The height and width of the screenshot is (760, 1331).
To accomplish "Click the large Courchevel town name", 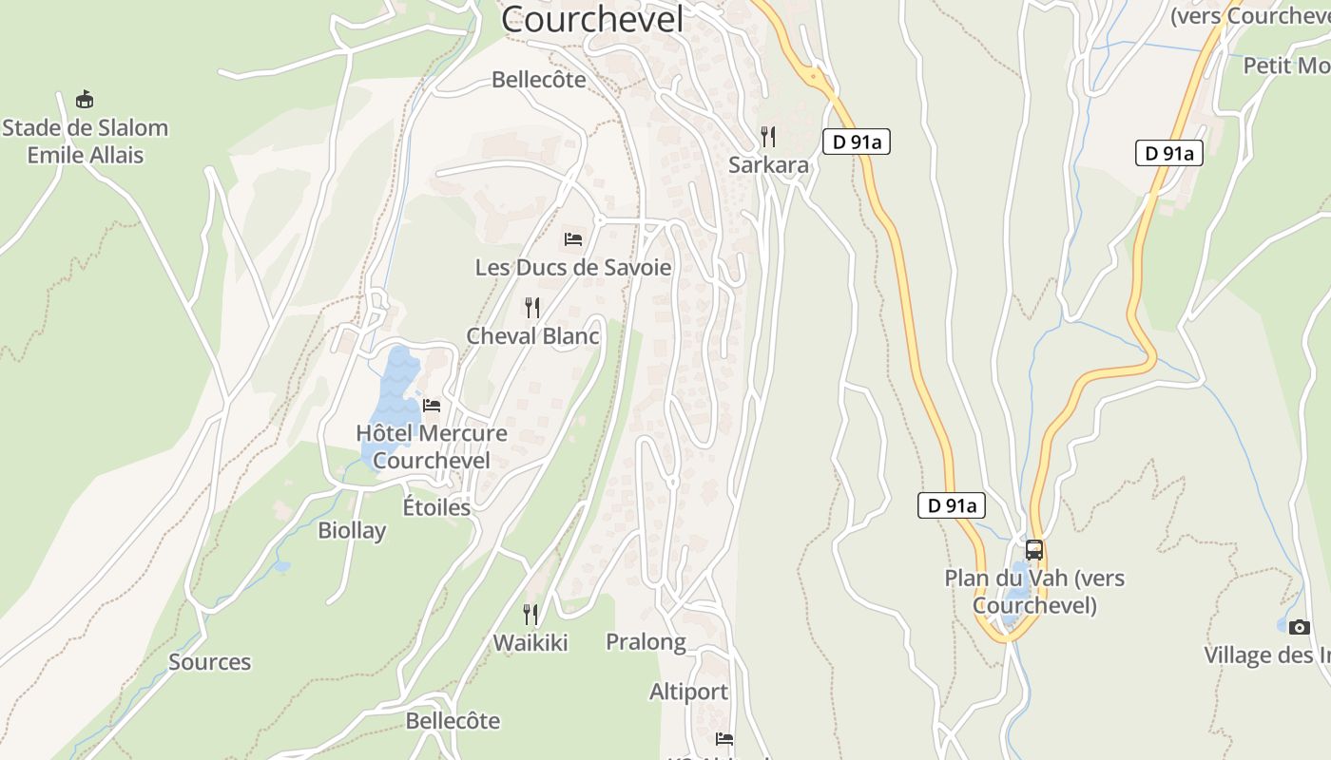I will pyautogui.click(x=591, y=19).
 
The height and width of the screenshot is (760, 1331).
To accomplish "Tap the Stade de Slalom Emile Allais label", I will pyautogui.click(x=86, y=141).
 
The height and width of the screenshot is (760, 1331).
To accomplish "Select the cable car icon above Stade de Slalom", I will pyautogui.click(x=85, y=99).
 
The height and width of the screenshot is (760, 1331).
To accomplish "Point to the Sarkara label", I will pyautogui.click(x=768, y=164).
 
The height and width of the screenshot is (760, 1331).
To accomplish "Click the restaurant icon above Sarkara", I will pyautogui.click(x=768, y=137).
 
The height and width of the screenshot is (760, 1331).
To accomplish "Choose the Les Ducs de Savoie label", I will pyautogui.click(x=572, y=267).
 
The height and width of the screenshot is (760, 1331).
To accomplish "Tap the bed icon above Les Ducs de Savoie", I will pyautogui.click(x=572, y=238).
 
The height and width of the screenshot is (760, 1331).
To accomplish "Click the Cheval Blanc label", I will pyautogui.click(x=532, y=335).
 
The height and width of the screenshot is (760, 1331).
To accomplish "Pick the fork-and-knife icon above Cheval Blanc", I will pyautogui.click(x=532, y=307).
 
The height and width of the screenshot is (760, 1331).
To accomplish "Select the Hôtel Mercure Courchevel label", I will pyautogui.click(x=432, y=446).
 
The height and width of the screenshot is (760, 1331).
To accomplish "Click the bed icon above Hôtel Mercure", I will pyautogui.click(x=432, y=406).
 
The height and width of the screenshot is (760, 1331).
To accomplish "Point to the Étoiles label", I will pyautogui.click(x=436, y=507).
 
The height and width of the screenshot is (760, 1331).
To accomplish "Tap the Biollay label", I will pyautogui.click(x=352, y=530).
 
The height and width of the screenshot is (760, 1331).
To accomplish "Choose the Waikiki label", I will pyautogui.click(x=530, y=643).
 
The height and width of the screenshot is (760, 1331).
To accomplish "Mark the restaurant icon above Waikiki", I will pyautogui.click(x=530, y=615).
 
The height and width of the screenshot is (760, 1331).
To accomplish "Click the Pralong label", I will pyautogui.click(x=646, y=642).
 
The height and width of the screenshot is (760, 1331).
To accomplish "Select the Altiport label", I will pyautogui.click(x=688, y=692).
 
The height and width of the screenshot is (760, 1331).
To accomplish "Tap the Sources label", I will pyautogui.click(x=209, y=662).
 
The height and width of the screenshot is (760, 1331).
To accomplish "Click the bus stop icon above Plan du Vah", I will pyautogui.click(x=1033, y=550).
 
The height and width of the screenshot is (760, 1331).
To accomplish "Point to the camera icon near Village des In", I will pyautogui.click(x=1300, y=627).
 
